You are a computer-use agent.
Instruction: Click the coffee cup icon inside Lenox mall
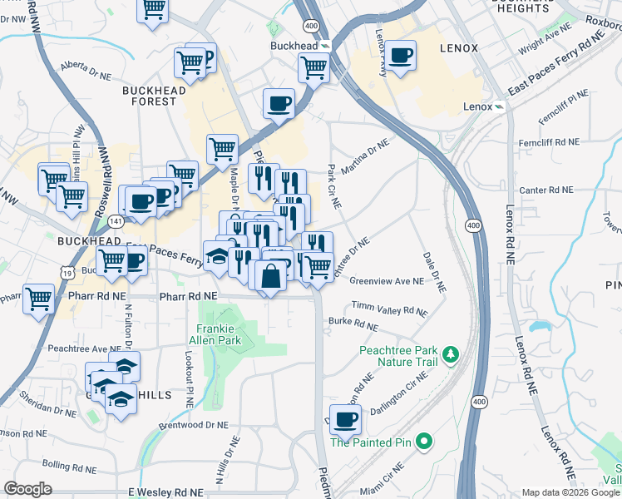pos(401,55)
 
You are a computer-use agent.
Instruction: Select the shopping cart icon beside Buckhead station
pos(313,66)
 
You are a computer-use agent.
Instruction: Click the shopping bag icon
pos(271,275)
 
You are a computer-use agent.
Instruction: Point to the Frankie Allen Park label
pos(219,334)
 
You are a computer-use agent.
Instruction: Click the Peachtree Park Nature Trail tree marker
pos(452,355)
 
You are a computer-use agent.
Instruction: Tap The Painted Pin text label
pos(372,442)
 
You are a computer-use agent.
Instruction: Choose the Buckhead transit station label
pos(295,45)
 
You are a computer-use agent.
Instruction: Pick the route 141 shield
pos(116,221)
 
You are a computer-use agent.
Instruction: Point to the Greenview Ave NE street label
pos(387,281)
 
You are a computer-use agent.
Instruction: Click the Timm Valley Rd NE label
pos(389,309)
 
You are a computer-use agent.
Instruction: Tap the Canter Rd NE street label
pos(546,190)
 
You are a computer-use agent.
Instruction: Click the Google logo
pos(27,489)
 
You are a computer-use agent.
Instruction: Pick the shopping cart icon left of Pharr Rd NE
pos(38,299)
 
